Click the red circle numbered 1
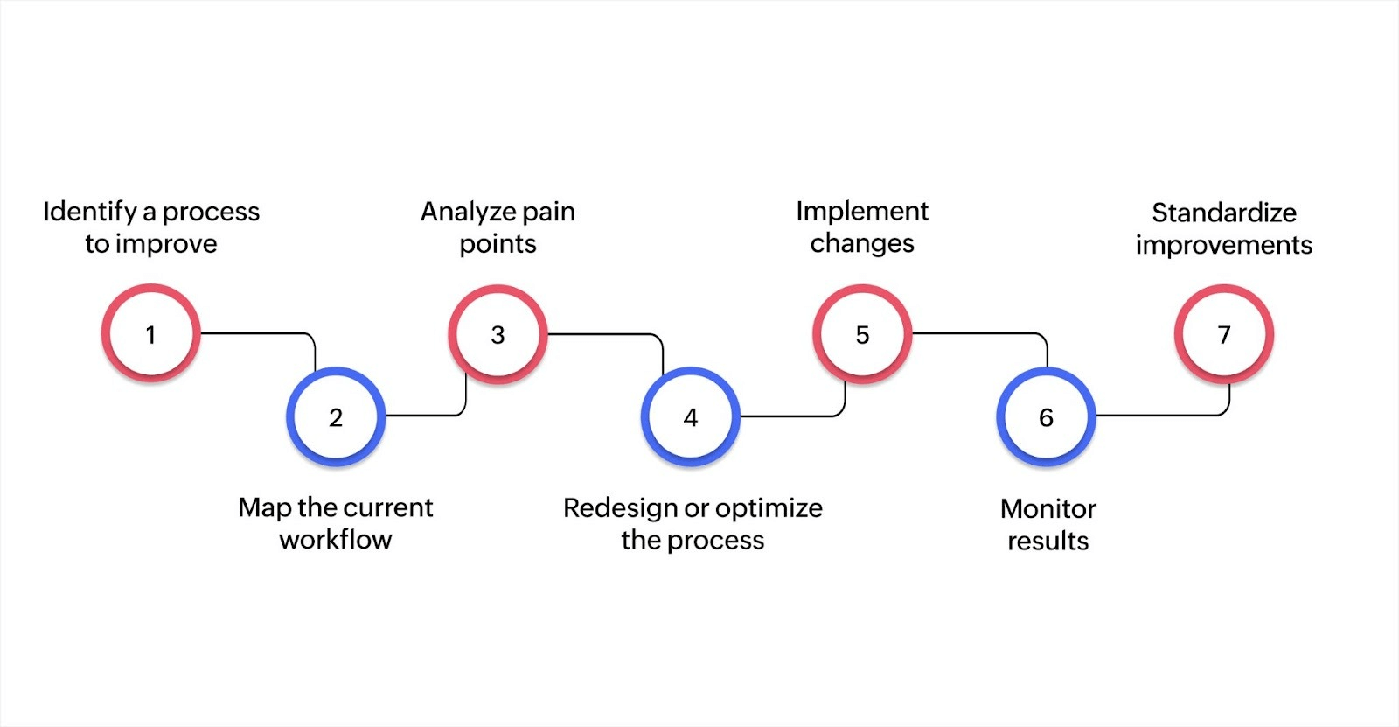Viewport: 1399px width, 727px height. click(150, 333)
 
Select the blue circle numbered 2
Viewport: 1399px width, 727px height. click(336, 416)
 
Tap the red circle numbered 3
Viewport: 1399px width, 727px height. click(498, 333)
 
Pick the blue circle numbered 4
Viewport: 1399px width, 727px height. click(691, 416)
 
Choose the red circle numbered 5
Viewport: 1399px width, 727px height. click(862, 333)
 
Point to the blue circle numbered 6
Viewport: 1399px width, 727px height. click(1046, 416)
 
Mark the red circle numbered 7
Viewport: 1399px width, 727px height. click(1223, 333)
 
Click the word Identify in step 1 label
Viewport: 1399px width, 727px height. click(90, 212)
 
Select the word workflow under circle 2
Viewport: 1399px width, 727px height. click(336, 540)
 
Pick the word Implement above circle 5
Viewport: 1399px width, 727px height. click(862, 211)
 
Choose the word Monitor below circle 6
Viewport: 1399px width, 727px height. click(1048, 508)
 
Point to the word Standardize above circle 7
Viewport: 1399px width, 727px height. click(1224, 213)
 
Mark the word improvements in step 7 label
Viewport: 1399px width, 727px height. click(1224, 245)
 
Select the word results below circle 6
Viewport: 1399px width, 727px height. click(1048, 541)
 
